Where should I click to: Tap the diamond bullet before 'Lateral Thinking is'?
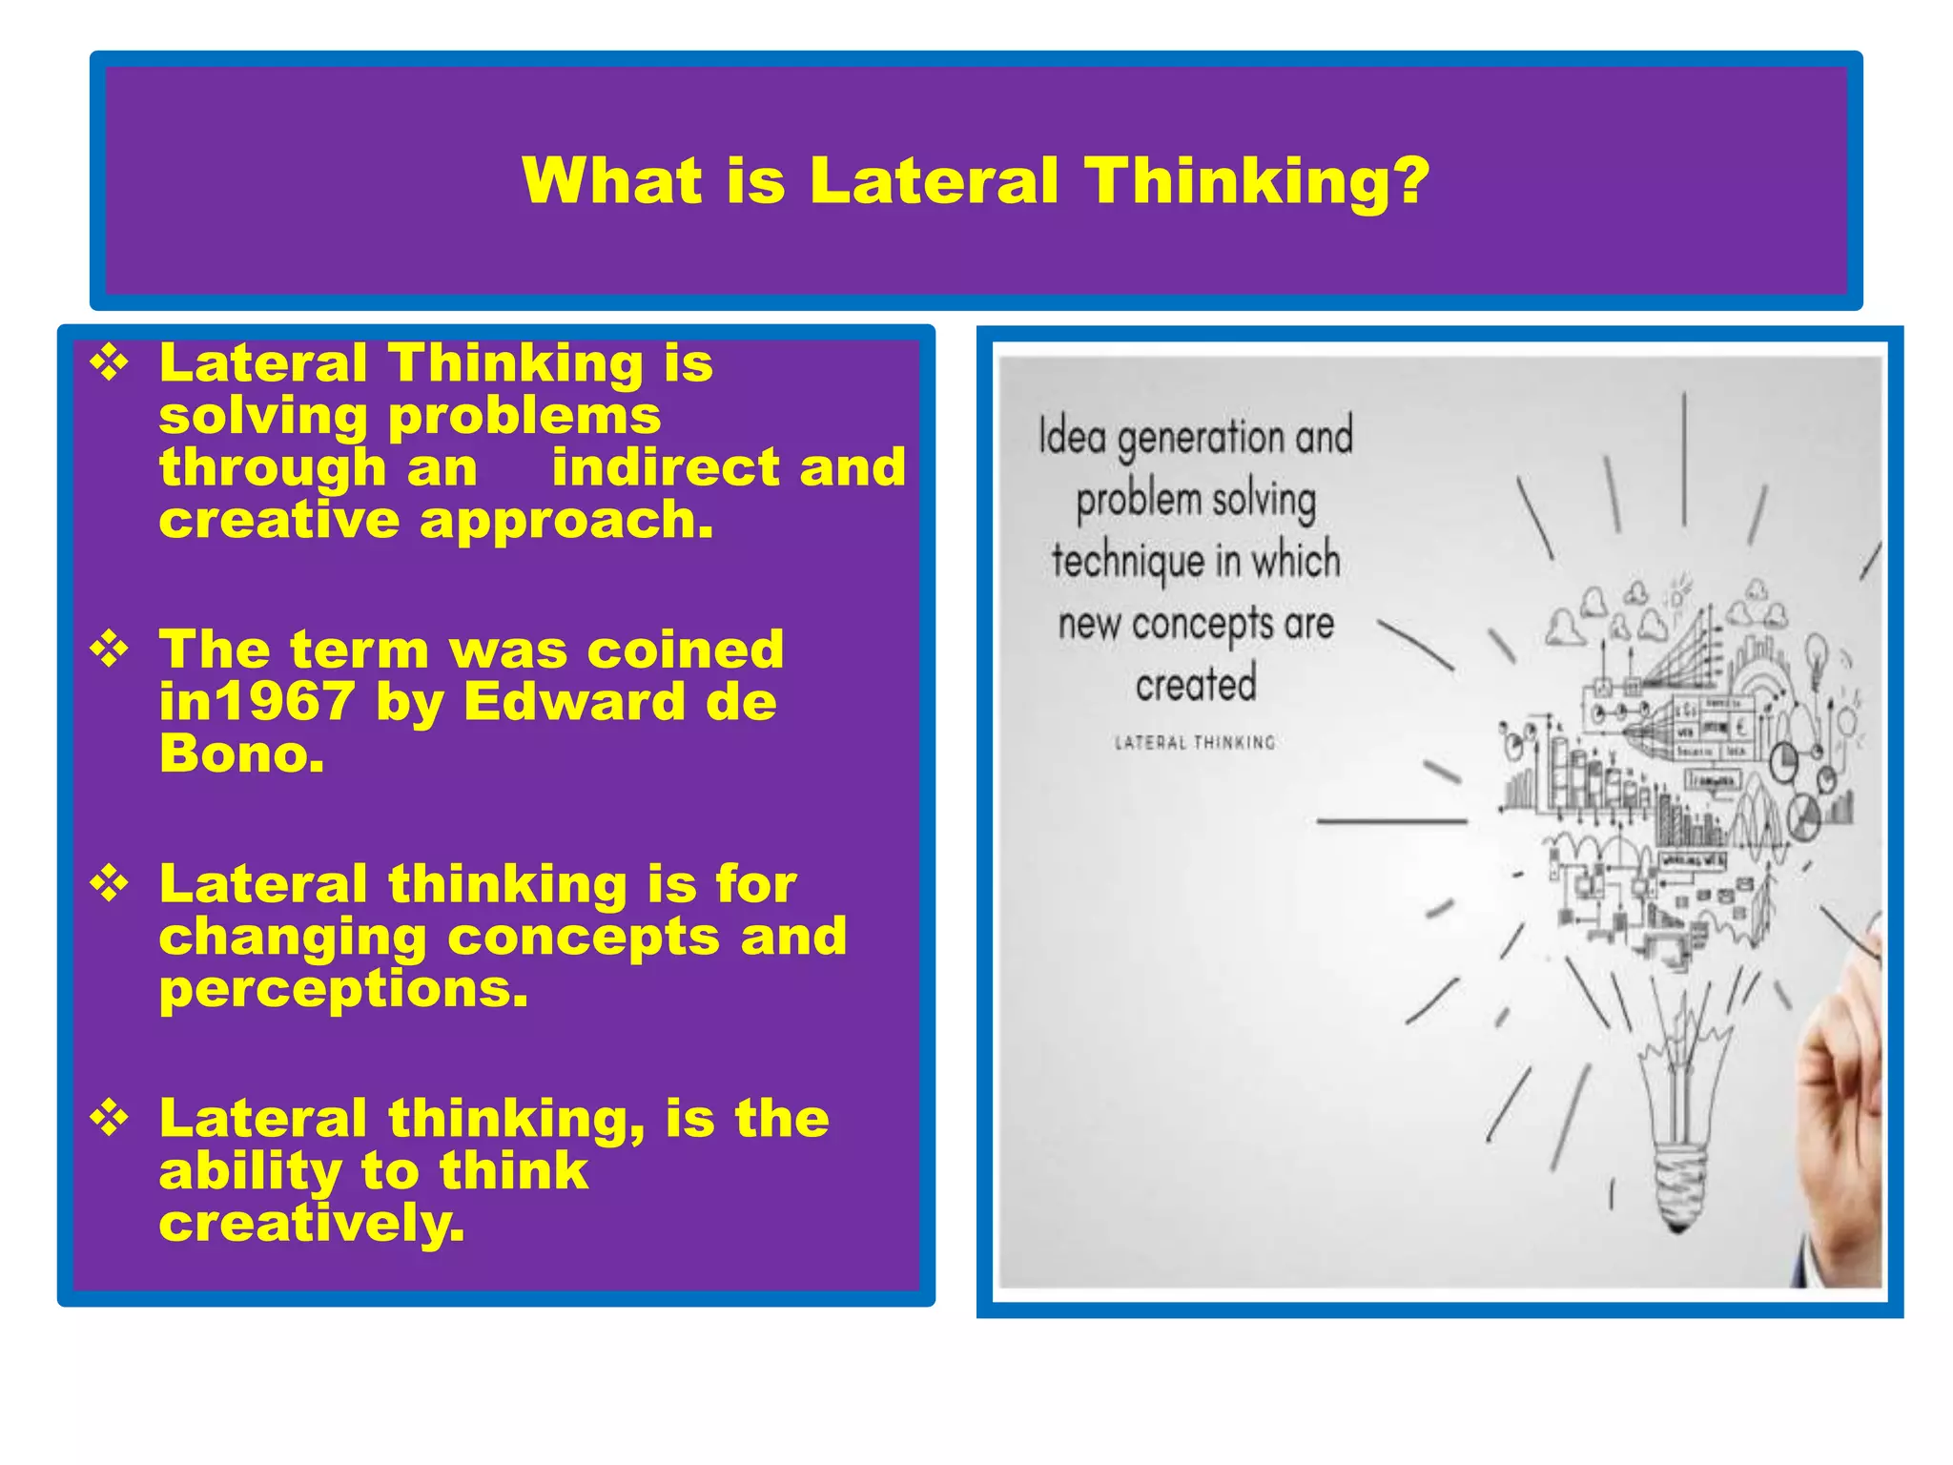110,363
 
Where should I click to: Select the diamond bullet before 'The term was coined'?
110,650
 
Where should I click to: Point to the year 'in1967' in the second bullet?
257,702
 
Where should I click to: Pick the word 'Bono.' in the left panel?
241,754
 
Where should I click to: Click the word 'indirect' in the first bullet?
666,467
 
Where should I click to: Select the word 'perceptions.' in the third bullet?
343,989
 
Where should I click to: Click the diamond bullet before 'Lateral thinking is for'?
110,884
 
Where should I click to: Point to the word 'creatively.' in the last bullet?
312,1223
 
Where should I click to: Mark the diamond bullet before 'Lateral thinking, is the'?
110,1118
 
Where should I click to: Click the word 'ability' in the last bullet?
250,1171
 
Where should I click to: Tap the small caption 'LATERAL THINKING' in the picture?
1195,743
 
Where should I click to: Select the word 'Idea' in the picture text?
1072,437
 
